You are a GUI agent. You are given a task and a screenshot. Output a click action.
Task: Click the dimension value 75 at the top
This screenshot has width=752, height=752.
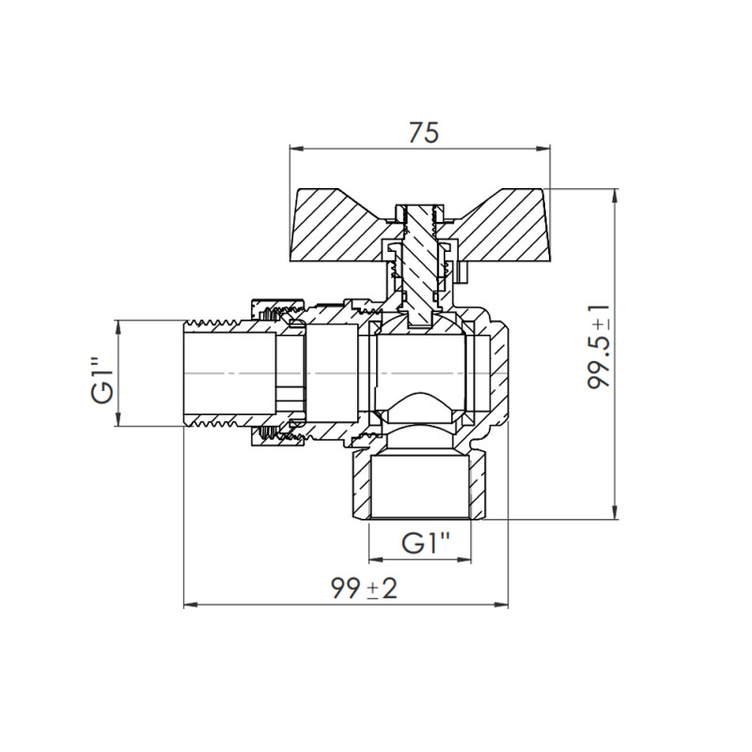point(424,133)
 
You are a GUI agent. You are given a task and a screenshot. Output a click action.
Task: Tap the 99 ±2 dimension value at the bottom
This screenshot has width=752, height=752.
point(364,589)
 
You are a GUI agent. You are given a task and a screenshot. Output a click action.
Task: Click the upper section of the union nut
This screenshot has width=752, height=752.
point(276,308)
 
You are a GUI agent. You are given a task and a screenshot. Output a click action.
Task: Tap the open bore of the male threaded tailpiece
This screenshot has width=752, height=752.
point(226,373)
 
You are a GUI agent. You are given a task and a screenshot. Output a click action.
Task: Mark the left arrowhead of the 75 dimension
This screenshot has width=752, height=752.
point(294,148)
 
